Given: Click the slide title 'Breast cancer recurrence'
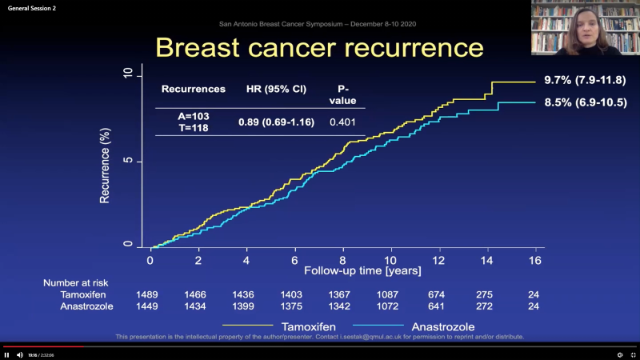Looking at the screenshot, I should coord(319,47).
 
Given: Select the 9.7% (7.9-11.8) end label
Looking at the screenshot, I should coord(586,81).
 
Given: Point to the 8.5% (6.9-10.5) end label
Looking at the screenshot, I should coord(586,102).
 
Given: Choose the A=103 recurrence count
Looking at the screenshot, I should coord(193,116).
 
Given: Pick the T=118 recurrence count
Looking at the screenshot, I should coord(193,128).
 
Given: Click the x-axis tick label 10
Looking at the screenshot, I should coord(390,261).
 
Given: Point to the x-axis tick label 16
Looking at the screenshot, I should coord(535,261).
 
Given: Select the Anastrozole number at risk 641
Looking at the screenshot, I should coord(438,307).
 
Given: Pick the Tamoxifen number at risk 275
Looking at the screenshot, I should coord(486,294).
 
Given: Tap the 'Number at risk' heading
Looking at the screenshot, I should coord(75,282).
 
